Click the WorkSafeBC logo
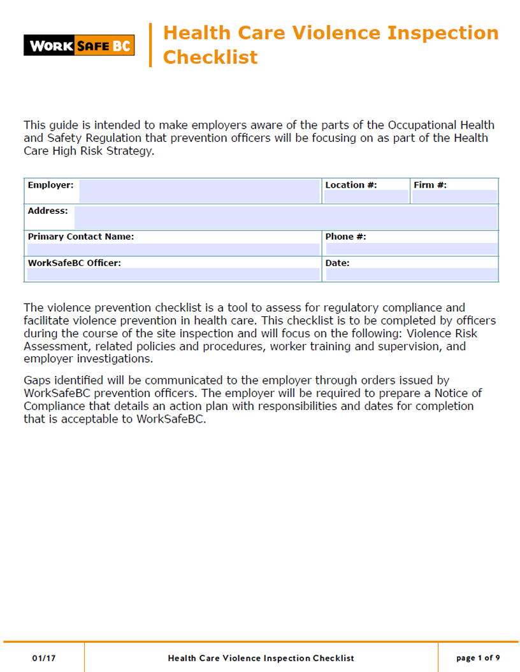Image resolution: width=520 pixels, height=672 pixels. click(x=79, y=45)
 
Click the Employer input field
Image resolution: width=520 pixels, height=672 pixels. click(x=199, y=191)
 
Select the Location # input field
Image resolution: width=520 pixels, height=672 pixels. click(x=365, y=197)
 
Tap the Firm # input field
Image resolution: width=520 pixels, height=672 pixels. click(x=454, y=197)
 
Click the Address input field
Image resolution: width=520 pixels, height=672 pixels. click(x=285, y=217)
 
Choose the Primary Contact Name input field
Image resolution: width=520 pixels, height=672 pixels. click(x=172, y=249)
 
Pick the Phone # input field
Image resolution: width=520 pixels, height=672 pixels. click(x=411, y=249)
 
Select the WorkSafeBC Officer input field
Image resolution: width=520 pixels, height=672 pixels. click(x=172, y=274)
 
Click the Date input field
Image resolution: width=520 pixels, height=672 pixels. click(x=411, y=274)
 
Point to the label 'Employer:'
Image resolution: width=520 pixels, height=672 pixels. click(x=50, y=185)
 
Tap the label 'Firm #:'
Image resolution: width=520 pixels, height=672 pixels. click(x=430, y=185)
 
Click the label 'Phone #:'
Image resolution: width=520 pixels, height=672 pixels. click(x=345, y=237)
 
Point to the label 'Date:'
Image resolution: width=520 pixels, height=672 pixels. click(x=337, y=263)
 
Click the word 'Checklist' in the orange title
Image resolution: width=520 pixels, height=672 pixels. click(x=210, y=57)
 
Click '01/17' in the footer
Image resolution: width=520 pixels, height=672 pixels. click(x=44, y=658)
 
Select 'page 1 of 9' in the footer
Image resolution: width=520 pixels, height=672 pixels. click(x=478, y=658)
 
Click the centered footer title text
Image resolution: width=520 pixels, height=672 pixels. click(x=261, y=658)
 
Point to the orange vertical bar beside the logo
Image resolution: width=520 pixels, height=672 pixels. click(x=150, y=45)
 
